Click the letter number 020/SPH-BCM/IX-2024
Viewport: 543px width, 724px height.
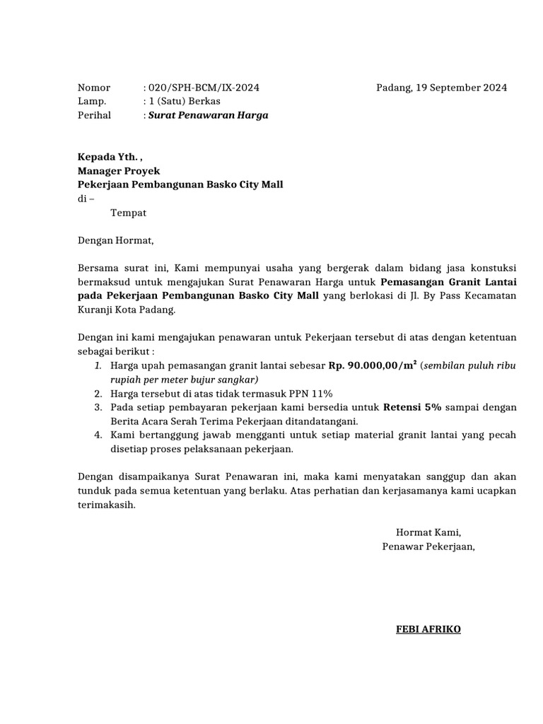pyautogui.click(x=203, y=88)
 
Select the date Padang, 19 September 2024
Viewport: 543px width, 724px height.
pyautogui.click(x=441, y=88)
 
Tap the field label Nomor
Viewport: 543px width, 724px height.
pyautogui.click(x=94, y=88)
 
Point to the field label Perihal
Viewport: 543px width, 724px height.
pyautogui.click(x=95, y=115)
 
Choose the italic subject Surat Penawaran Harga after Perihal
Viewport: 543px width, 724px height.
pyautogui.click(x=208, y=115)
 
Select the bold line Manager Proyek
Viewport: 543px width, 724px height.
pyautogui.click(x=119, y=170)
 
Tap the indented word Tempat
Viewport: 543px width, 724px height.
pyautogui.click(x=129, y=212)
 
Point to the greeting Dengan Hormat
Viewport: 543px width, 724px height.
pyautogui.click(x=115, y=240)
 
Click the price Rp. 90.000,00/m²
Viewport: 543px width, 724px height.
pyautogui.click(x=373, y=366)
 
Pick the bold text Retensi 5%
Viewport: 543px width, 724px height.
pyautogui.click(x=412, y=407)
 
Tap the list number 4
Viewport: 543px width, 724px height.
pyautogui.click(x=98, y=435)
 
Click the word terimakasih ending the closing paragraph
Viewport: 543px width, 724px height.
pyautogui.click(x=106, y=505)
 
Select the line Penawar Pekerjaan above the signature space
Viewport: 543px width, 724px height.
pyautogui.click(x=428, y=546)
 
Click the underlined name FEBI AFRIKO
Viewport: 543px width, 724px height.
pyautogui.click(x=428, y=629)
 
